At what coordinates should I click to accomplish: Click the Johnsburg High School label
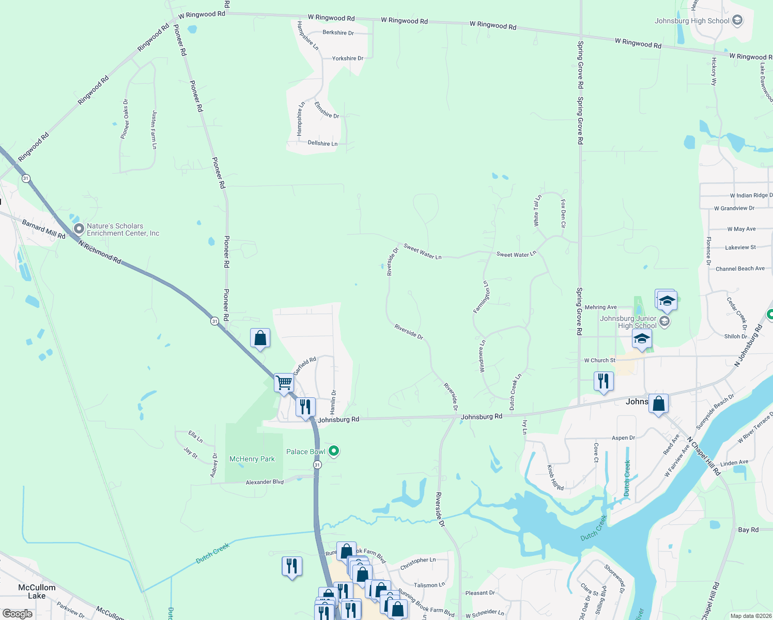[x=692, y=21]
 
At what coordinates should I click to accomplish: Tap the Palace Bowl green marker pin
[x=334, y=451]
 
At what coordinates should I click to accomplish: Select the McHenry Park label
[x=252, y=459]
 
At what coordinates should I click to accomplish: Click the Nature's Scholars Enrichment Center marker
[x=79, y=228]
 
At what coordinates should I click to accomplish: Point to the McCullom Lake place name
[x=37, y=592]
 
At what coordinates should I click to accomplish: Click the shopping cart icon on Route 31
[x=284, y=383]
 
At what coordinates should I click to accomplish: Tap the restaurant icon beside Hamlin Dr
[x=305, y=407]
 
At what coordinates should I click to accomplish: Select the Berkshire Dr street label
[x=338, y=33]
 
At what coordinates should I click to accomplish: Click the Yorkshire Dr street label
[x=347, y=58]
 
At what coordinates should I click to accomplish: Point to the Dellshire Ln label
[x=322, y=143]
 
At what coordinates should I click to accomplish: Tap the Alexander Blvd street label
[x=265, y=482]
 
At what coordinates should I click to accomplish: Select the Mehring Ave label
[x=600, y=307]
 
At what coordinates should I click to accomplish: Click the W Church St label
[x=599, y=360]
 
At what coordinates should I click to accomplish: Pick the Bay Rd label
[x=748, y=530]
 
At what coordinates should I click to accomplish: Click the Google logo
[x=17, y=614]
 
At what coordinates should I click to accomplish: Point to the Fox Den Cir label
[x=563, y=214]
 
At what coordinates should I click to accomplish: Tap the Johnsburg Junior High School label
[x=628, y=322]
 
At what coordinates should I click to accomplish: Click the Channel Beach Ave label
[x=740, y=269]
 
